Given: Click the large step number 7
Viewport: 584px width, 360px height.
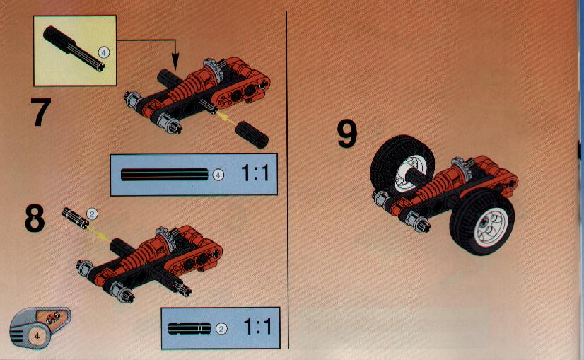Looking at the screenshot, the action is click(40, 112).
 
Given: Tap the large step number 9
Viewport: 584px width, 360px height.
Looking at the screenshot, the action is click(347, 134).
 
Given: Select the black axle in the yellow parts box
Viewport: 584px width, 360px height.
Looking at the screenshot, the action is click(74, 49).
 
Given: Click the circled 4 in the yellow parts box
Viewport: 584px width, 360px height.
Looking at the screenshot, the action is click(103, 52).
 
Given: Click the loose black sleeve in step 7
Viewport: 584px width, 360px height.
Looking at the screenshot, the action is click(252, 134).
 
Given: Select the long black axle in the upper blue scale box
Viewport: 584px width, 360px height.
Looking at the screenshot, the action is click(165, 175).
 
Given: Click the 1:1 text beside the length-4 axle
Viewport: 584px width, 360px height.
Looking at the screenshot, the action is click(255, 173).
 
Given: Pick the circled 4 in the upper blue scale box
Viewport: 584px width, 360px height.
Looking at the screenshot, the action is click(218, 175).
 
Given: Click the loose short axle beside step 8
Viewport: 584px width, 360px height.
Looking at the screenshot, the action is click(75, 218).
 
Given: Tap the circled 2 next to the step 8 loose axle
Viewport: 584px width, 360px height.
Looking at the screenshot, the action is click(92, 214).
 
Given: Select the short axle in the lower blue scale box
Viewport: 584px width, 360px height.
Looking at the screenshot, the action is click(189, 328).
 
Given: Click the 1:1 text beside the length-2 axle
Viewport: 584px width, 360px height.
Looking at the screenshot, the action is click(257, 327).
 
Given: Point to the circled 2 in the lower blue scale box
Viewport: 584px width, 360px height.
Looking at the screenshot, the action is click(221, 329).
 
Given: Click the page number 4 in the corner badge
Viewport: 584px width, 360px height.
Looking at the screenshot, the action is click(37, 336).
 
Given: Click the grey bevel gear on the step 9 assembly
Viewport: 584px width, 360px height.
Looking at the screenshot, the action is click(461, 168).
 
